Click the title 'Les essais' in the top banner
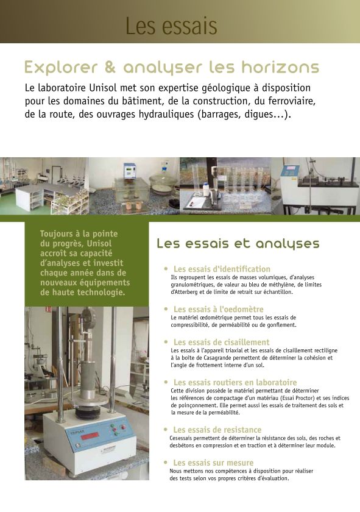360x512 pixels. [171, 26]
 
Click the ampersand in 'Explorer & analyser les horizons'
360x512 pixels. [110, 66]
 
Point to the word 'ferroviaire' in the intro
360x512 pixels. [289, 101]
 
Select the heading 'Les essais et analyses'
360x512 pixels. [238, 244]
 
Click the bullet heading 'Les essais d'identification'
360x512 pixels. [222, 269]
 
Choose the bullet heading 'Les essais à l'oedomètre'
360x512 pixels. [218, 309]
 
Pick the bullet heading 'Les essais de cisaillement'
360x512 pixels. [221, 343]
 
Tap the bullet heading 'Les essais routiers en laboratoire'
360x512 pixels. [235, 382]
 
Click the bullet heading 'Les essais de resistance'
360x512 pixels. [217, 430]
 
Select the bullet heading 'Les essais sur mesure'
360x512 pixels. [213, 463]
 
